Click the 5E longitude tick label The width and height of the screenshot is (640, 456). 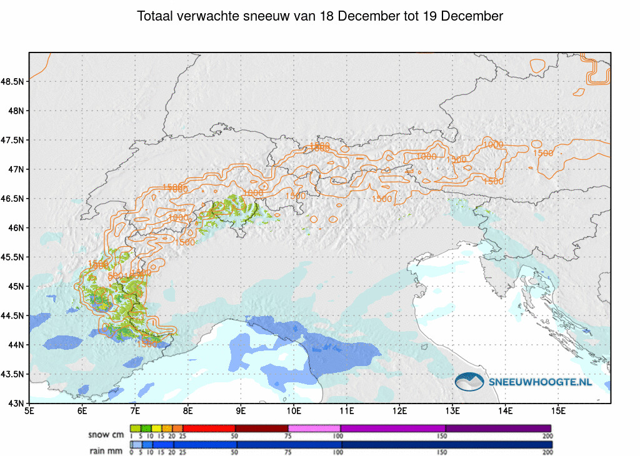(x=29, y=411)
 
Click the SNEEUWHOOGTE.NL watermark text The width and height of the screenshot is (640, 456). (x=541, y=382)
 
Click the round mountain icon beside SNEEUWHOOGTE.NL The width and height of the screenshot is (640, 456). (x=469, y=382)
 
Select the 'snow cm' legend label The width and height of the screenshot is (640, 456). (x=106, y=434)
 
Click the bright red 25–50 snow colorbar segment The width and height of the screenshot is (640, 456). (x=209, y=428)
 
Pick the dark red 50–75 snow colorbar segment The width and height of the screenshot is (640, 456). (x=261, y=428)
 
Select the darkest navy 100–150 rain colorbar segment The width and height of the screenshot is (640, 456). (x=392, y=445)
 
